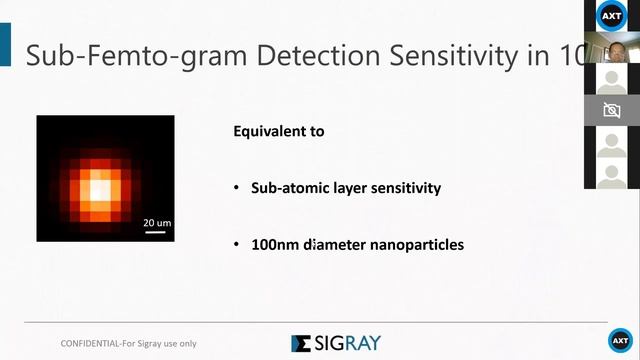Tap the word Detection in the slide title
click(301, 56)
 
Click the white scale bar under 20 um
click(154, 231)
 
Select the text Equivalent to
click(278, 131)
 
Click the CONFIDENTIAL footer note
click(129, 343)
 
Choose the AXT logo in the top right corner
click(611, 15)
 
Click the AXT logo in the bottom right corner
click(620, 340)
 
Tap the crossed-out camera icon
click(611, 111)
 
